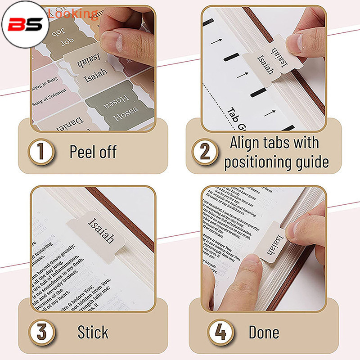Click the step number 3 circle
[41, 333]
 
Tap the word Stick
[93, 333]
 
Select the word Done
[264, 333]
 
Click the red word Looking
[72, 13]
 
